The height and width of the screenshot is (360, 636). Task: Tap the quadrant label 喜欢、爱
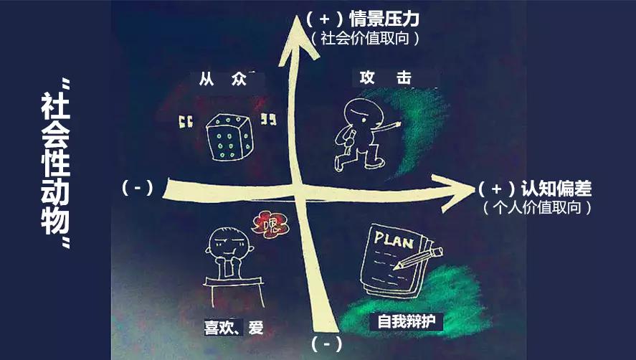click(x=234, y=328)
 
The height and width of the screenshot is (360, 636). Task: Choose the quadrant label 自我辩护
click(x=406, y=322)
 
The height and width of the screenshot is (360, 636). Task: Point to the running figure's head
click(x=356, y=113)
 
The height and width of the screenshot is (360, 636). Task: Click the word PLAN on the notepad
click(x=394, y=240)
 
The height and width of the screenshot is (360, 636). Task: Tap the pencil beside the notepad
click(x=427, y=255)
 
